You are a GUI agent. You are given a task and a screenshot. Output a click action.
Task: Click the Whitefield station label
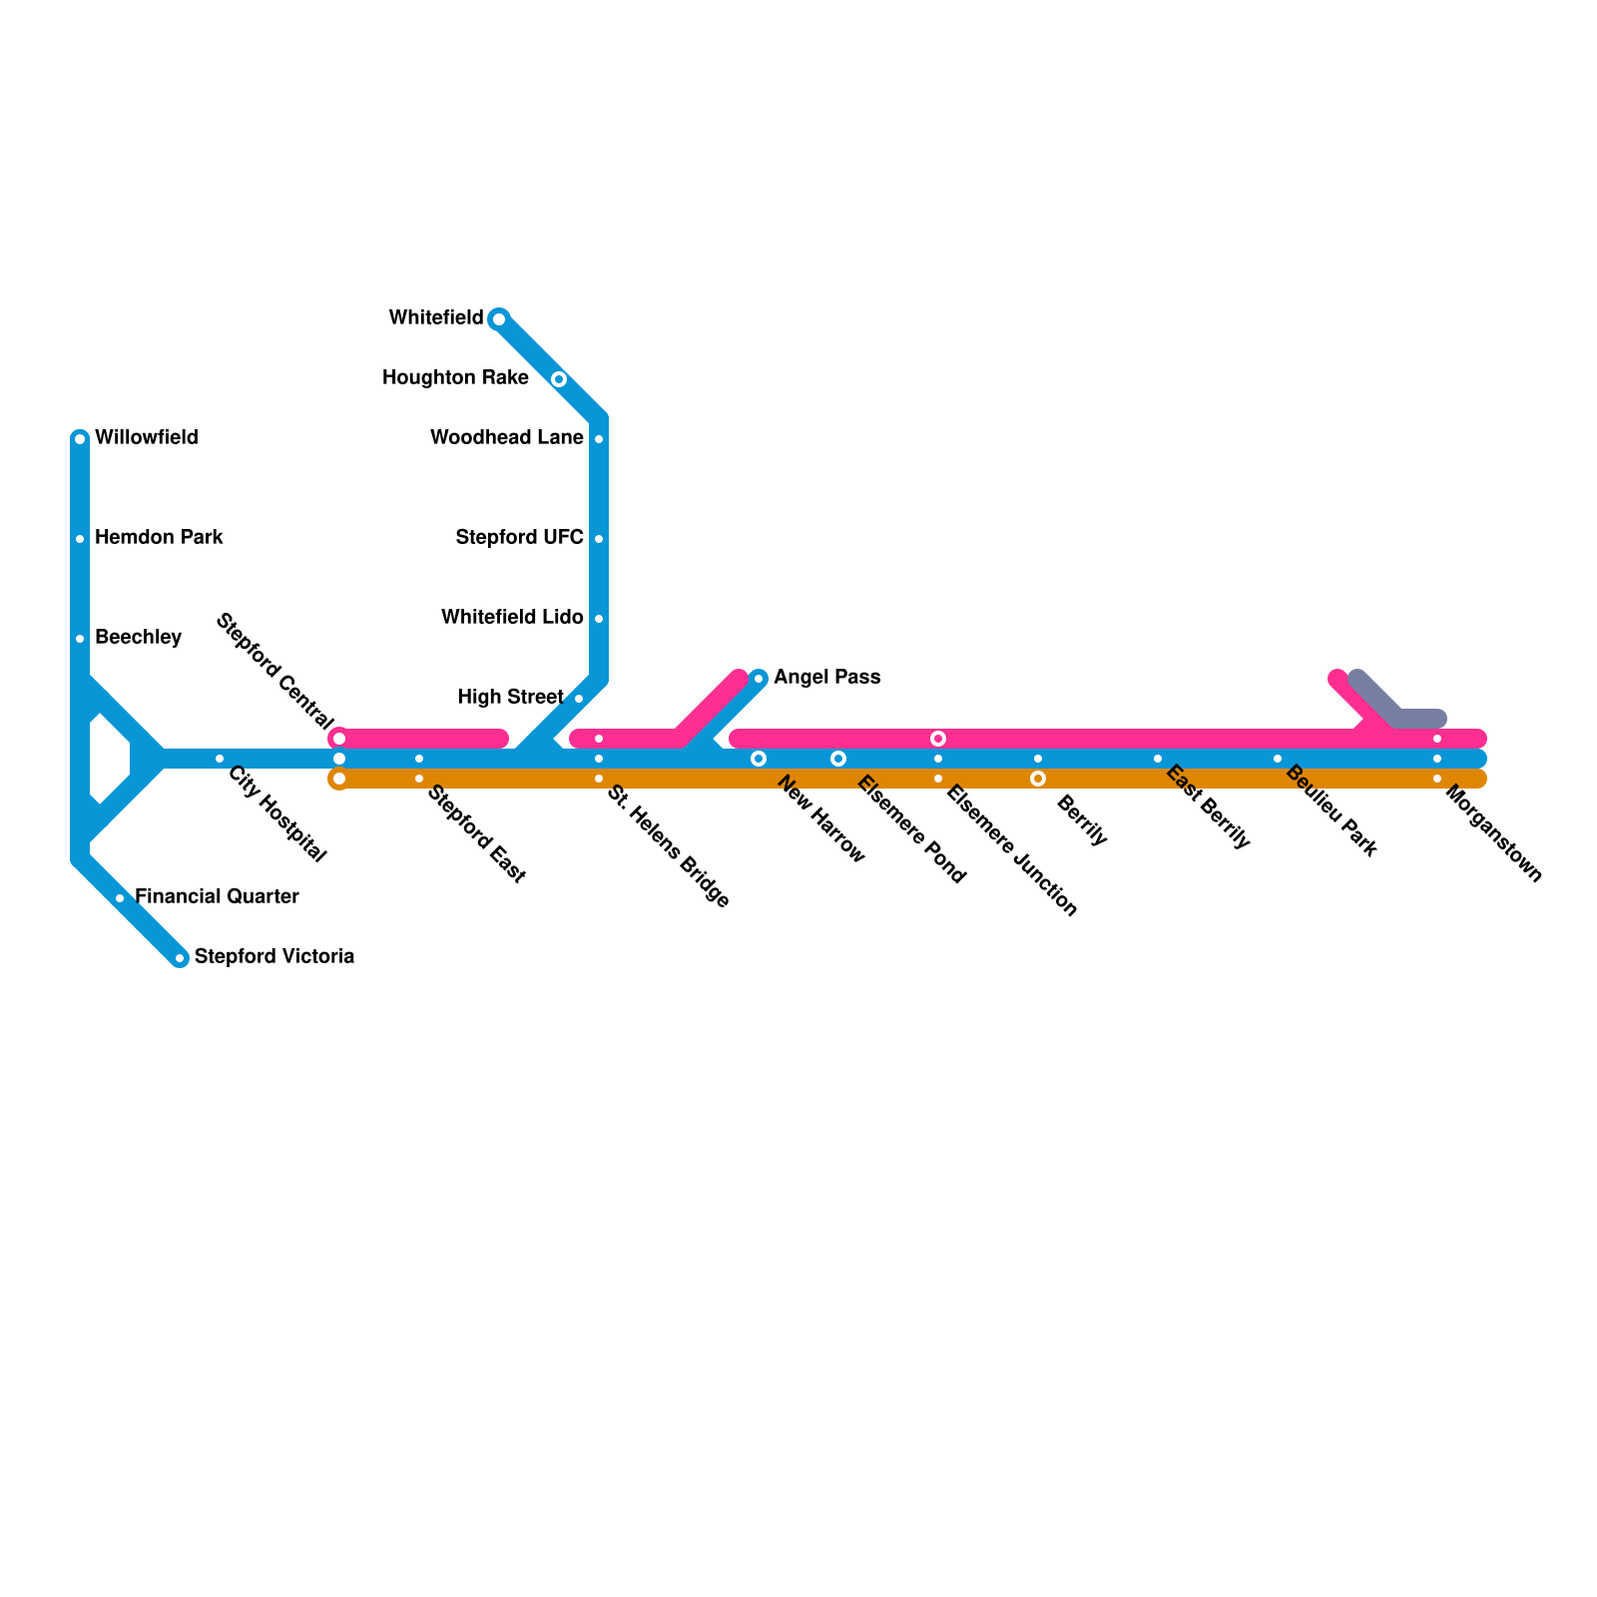436,318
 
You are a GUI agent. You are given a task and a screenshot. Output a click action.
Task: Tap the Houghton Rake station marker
559,379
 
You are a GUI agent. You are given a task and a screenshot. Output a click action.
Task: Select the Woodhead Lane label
506,438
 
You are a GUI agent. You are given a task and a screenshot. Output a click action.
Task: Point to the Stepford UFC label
519,538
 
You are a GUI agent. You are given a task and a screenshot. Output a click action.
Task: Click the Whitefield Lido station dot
599,619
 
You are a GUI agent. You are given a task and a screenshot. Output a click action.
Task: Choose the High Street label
510,698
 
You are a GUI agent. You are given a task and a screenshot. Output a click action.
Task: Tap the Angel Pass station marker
759,679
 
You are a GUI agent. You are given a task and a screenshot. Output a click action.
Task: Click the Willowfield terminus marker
80,439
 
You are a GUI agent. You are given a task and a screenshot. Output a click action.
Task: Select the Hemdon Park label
159,538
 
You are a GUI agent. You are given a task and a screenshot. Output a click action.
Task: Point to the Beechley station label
138,638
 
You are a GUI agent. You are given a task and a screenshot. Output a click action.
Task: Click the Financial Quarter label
217,897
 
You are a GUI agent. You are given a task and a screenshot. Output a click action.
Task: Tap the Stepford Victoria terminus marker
180,958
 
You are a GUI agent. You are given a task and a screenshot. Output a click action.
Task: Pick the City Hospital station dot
220,759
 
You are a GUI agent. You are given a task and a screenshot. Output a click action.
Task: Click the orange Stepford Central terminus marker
339,779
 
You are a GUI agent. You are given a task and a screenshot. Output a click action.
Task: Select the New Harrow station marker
759,759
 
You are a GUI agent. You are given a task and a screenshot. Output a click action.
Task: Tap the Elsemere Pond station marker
838,759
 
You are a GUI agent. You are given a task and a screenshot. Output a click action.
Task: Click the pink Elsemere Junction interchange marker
938,739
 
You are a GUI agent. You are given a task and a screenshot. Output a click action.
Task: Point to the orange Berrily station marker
1038,779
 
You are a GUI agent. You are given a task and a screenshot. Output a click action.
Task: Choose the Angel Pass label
826,678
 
